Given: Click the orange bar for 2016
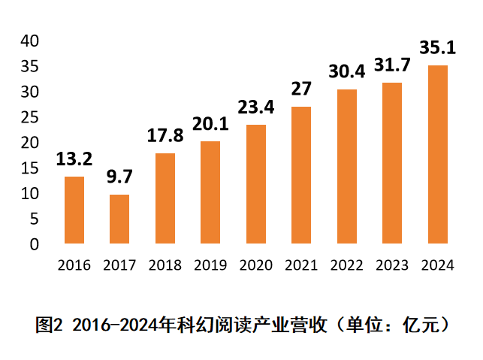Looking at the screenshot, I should pyautogui.click(x=74, y=210).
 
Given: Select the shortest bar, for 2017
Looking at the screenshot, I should pyautogui.click(x=119, y=219).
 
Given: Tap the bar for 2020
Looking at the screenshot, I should pyautogui.click(x=256, y=184).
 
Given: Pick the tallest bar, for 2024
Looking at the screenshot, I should pyautogui.click(x=438, y=155).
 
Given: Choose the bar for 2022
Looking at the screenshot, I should pyautogui.click(x=347, y=167).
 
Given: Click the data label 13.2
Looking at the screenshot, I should pyautogui.click(x=74, y=159).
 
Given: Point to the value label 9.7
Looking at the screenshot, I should pyautogui.click(x=119, y=177).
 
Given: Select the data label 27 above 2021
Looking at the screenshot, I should pyautogui.click(x=301, y=89).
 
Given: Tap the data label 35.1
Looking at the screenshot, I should pyautogui.click(x=438, y=49).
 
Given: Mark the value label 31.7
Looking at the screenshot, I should pyautogui.click(x=393, y=66).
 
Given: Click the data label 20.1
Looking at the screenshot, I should pyautogui.click(x=210, y=124).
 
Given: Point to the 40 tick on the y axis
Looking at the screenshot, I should pyautogui.click(x=29, y=41).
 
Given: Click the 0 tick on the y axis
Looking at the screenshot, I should pyautogui.click(x=34, y=244).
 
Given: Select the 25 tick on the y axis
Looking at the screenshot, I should pyautogui.click(x=29, y=117).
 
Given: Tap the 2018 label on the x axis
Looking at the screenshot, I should pyautogui.click(x=165, y=265).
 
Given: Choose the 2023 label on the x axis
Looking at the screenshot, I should pyautogui.click(x=392, y=265).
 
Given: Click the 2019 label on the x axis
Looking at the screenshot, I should pyautogui.click(x=210, y=265).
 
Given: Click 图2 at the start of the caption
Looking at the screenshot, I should pyautogui.click(x=49, y=325).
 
